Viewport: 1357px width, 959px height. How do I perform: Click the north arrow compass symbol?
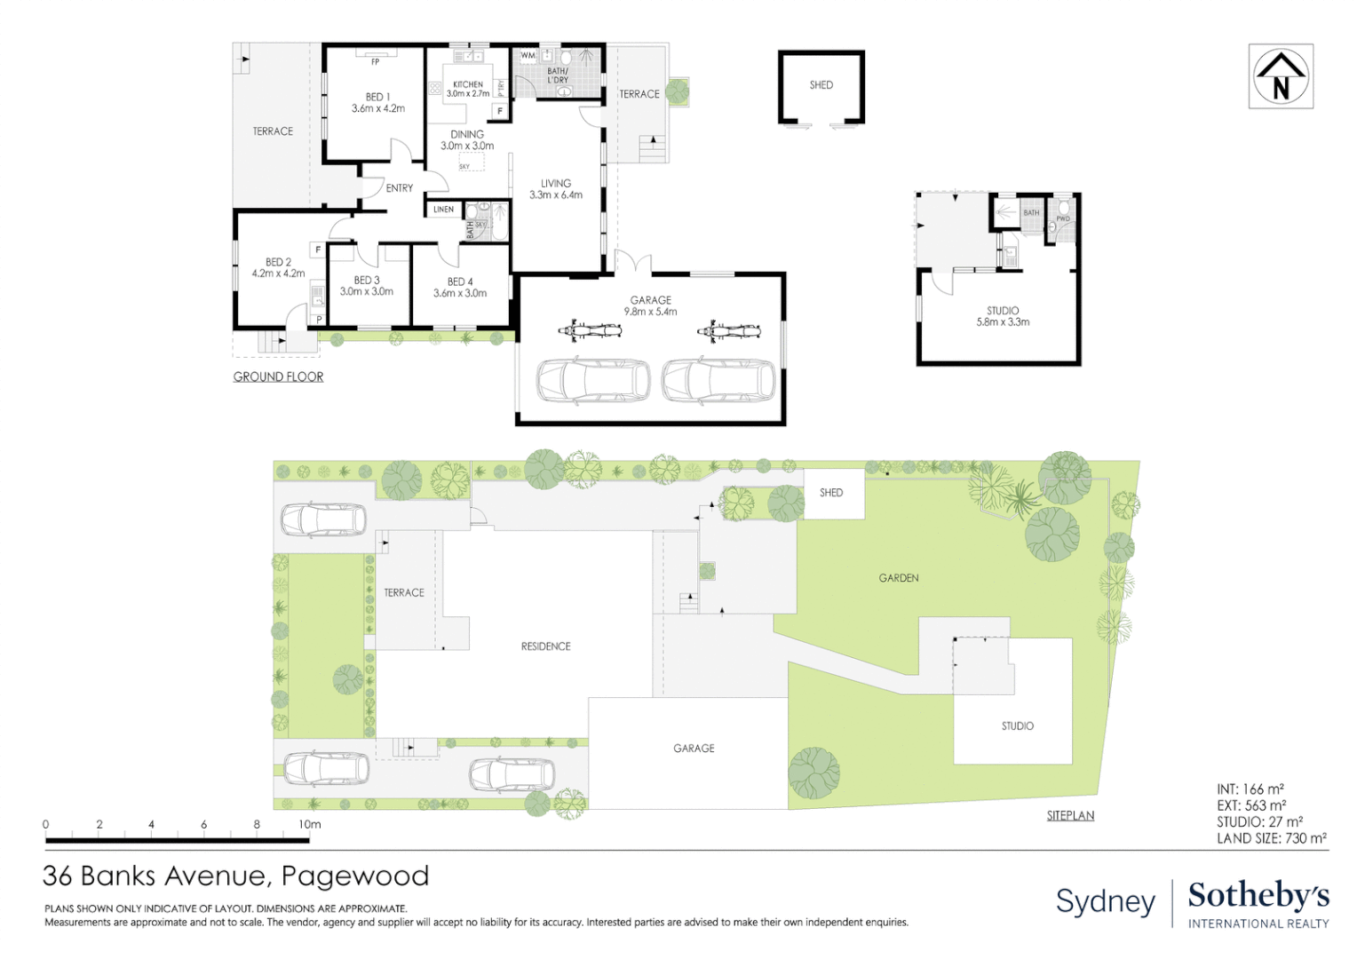(x=1280, y=76)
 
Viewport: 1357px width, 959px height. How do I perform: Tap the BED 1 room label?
(x=377, y=103)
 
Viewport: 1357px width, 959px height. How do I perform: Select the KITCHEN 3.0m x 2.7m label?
(x=467, y=89)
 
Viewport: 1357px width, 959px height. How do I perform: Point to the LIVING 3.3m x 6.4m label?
(x=556, y=189)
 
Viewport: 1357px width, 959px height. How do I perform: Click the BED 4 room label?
(x=460, y=287)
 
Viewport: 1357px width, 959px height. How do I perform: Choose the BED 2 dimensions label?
(x=278, y=273)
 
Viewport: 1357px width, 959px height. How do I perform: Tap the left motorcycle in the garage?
(x=590, y=331)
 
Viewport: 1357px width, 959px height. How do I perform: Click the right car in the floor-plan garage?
(x=718, y=381)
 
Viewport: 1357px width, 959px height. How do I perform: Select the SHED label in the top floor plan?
(x=821, y=85)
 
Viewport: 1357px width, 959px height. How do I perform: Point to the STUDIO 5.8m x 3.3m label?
(x=1003, y=316)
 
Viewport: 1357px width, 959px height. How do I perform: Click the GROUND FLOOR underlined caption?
(x=278, y=376)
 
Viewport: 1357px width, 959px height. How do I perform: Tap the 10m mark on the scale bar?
(x=309, y=824)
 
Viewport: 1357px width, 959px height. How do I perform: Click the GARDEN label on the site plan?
(x=898, y=578)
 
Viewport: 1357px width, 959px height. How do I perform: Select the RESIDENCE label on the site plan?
(x=545, y=646)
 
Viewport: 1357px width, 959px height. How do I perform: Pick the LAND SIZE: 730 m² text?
(x=1271, y=838)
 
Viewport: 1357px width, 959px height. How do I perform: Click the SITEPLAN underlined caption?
(x=1070, y=815)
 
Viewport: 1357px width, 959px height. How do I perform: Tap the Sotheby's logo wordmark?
(x=1258, y=896)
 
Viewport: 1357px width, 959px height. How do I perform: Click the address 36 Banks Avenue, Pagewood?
(x=235, y=876)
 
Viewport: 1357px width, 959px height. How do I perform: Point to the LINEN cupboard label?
(x=443, y=210)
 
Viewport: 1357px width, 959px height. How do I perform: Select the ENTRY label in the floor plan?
(x=399, y=188)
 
